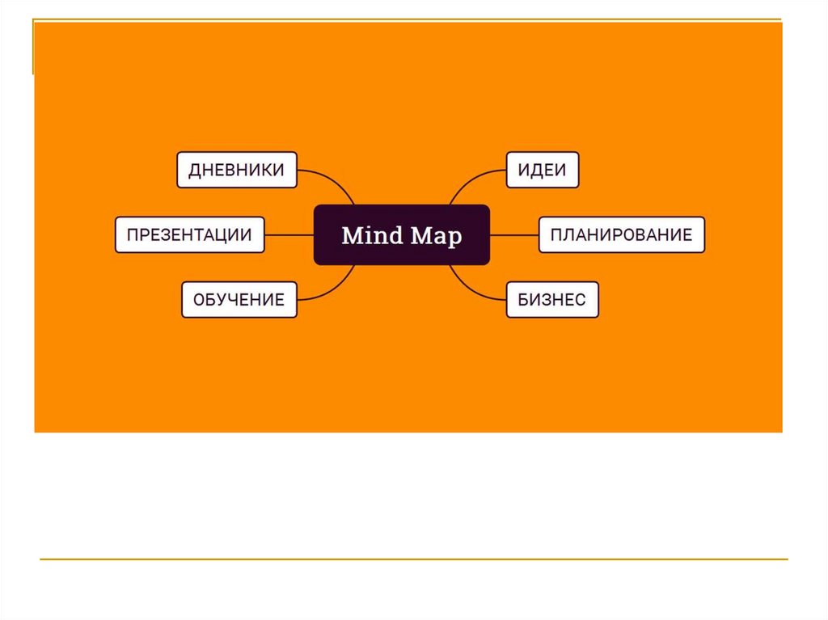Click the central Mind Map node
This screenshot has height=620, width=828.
(401, 234)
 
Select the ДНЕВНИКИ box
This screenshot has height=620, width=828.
(236, 170)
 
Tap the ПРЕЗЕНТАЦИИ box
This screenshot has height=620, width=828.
(189, 234)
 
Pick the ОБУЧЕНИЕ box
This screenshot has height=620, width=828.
(239, 299)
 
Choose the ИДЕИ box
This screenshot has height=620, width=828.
(542, 170)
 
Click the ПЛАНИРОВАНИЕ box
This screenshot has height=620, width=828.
(621, 234)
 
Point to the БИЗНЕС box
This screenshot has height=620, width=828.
(552, 299)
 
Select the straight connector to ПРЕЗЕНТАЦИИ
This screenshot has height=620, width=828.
(289, 234)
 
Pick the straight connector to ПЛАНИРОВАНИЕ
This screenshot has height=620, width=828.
(514, 234)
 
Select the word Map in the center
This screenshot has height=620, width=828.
(436, 235)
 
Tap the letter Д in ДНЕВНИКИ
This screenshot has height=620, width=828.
(195, 171)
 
